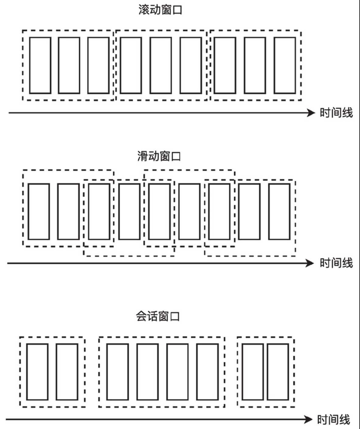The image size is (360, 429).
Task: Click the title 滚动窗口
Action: coord(160,10)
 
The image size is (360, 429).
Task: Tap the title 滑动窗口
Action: coord(159,156)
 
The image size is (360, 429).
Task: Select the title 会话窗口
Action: coord(157,316)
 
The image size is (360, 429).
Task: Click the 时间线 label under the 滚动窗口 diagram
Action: coord(336,113)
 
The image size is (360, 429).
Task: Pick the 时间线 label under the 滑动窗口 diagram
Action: coord(336,263)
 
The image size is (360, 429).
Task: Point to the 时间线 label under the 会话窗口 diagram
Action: coord(333,420)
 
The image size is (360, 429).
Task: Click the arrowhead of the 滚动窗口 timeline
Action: coord(311,113)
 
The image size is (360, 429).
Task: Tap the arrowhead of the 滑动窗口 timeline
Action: coord(310,263)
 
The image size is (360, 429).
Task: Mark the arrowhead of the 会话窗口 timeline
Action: coord(308,420)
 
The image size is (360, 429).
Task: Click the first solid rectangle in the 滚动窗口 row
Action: coord(40,65)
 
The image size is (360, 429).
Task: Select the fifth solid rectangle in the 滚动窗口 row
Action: coord(161,65)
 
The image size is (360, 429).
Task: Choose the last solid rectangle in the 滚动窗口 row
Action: coord(285,65)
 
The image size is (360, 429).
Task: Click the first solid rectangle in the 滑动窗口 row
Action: coord(39,211)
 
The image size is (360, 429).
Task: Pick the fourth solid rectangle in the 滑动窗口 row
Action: coord(129,211)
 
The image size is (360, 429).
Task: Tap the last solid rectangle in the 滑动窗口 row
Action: coord(279,211)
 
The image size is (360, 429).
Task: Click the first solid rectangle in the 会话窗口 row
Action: coord(37,372)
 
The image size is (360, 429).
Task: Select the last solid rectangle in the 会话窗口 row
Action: coord(278,372)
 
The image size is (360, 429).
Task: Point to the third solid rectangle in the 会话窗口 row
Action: coord(117,372)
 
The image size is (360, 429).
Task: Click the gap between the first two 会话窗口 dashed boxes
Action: coord(92,372)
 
